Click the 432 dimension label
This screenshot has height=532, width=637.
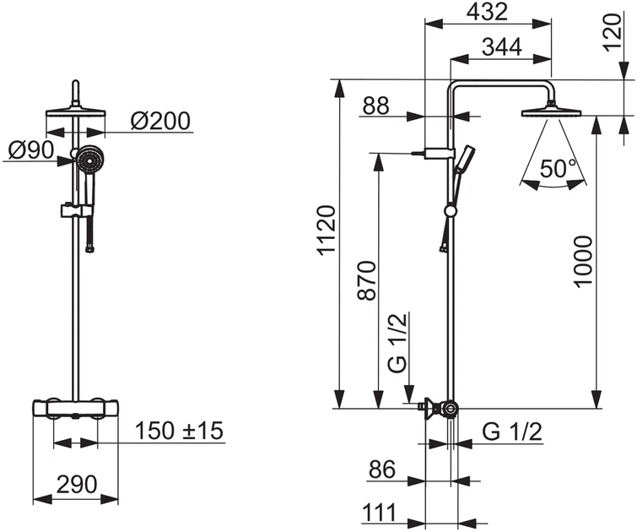(x=487, y=12)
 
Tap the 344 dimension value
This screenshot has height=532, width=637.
(x=502, y=47)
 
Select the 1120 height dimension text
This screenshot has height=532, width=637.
(x=327, y=231)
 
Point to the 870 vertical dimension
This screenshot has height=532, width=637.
(x=367, y=280)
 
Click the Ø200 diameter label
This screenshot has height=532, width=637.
(x=160, y=121)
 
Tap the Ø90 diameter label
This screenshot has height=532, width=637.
(x=31, y=150)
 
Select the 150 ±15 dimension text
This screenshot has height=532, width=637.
(x=179, y=431)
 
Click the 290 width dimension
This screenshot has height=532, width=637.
(x=77, y=484)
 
